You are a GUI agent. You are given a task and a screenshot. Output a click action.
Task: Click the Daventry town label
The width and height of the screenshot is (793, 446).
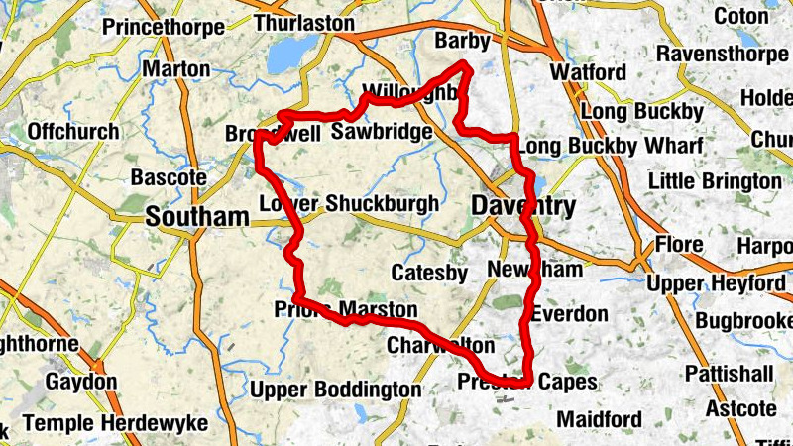(522, 206)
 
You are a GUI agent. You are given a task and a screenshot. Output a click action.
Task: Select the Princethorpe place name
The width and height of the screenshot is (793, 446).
(163, 28)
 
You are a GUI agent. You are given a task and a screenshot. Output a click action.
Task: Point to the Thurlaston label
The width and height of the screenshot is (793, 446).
(304, 22)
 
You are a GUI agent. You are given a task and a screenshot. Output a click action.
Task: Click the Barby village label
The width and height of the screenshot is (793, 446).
(462, 41)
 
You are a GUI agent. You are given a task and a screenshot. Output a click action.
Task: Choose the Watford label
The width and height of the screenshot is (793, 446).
(588, 73)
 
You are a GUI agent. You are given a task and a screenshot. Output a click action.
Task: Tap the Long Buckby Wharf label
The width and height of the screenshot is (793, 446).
(610, 146)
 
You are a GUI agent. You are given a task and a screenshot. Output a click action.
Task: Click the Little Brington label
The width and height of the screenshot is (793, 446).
(714, 181)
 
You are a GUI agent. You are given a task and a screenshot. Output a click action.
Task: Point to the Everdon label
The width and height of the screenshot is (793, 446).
(569, 314)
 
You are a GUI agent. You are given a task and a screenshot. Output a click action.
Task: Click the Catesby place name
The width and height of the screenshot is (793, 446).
(429, 273)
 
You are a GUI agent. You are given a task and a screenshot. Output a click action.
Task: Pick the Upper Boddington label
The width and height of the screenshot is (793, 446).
(335, 390)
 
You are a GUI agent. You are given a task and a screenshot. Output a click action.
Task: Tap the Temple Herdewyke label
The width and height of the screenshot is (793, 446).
(115, 424)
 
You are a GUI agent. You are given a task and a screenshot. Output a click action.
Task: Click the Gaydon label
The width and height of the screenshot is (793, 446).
(80, 382)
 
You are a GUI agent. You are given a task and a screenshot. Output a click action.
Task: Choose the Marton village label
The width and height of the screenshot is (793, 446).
(176, 69)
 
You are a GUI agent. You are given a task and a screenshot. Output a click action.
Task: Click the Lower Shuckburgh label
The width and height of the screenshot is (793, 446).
(348, 204)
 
